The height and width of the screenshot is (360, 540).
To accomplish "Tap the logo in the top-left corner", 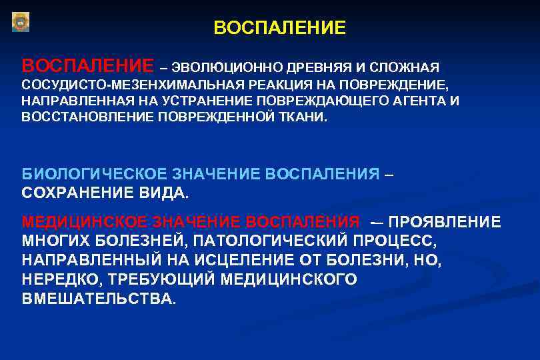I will pos(21,22).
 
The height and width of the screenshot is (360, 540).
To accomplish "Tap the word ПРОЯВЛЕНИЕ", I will pos(445,222).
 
